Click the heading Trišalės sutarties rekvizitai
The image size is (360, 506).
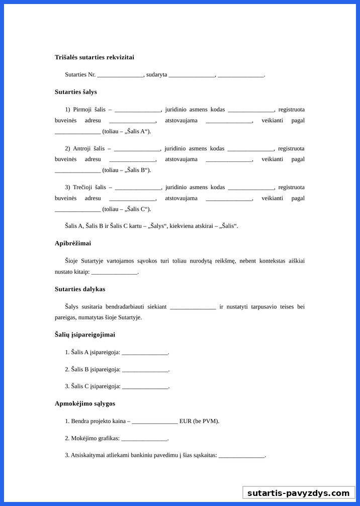point(94,57)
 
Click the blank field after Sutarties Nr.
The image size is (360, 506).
point(120,75)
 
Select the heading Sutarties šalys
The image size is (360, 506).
point(76,92)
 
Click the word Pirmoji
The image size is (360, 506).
point(82,109)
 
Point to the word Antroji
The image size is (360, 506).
point(82,148)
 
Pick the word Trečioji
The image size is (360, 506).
point(83,187)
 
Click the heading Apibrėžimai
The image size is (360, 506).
point(73,243)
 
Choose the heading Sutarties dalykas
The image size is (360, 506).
point(80,289)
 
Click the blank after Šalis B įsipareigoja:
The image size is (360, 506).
point(145,370)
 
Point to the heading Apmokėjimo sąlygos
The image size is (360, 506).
point(85,403)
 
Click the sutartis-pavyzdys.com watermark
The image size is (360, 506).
point(298,493)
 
